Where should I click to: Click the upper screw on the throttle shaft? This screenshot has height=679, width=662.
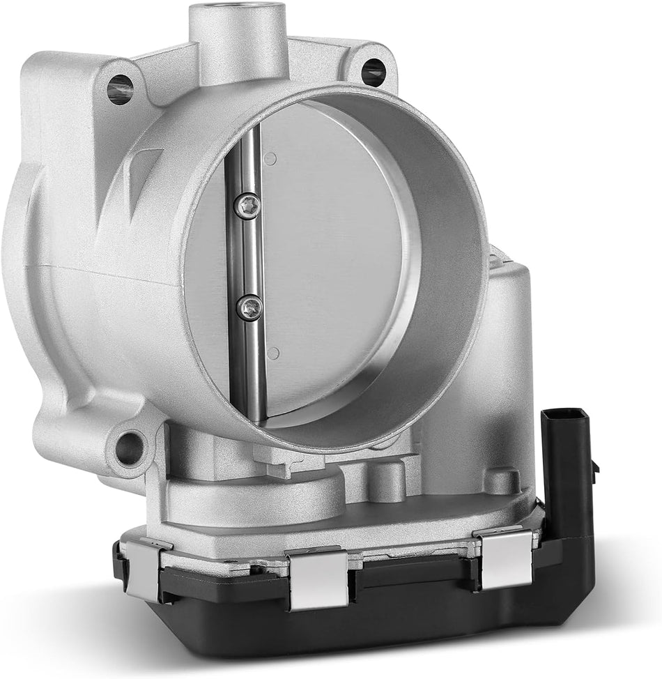[x=249, y=206]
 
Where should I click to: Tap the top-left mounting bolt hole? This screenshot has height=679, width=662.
[x=120, y=90]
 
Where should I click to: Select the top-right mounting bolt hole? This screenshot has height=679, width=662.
[x=373, y=71]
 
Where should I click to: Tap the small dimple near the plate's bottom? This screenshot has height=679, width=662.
[x=273, y=353]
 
